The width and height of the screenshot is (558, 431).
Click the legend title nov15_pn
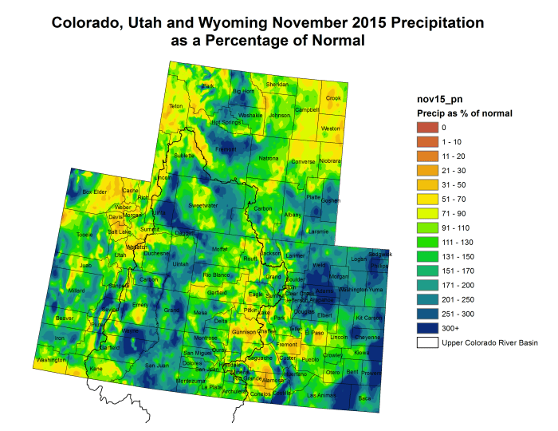(x=439, y=98)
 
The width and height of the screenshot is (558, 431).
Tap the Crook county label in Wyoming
(x=333, y=98)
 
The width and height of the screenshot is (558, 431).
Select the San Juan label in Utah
(x=156, y=365)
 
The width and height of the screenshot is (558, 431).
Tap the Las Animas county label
(x=322, y=394)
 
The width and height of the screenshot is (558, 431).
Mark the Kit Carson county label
(x=369, y=318)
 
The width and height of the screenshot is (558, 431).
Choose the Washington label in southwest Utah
(x=52, y=360)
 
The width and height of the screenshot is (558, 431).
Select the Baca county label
(x=364, y=397)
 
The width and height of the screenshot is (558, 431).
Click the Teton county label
(x=176, y=106)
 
